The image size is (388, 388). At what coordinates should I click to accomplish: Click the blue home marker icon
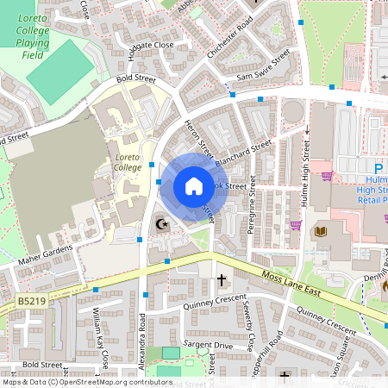194,186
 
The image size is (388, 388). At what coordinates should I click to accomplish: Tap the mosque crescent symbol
160,225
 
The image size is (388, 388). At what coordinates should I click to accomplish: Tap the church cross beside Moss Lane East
222,279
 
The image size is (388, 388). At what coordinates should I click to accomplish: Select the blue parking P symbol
379,168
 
